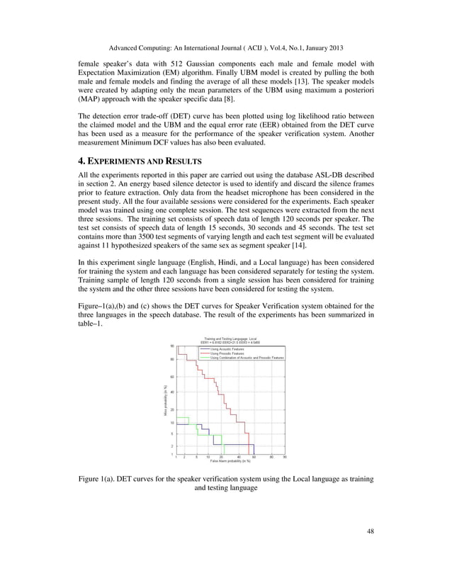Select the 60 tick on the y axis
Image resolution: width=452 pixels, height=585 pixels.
[172, 376]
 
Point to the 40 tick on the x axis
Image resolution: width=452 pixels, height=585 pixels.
[239, 457]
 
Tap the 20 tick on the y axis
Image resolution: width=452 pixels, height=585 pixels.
[172, 409]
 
